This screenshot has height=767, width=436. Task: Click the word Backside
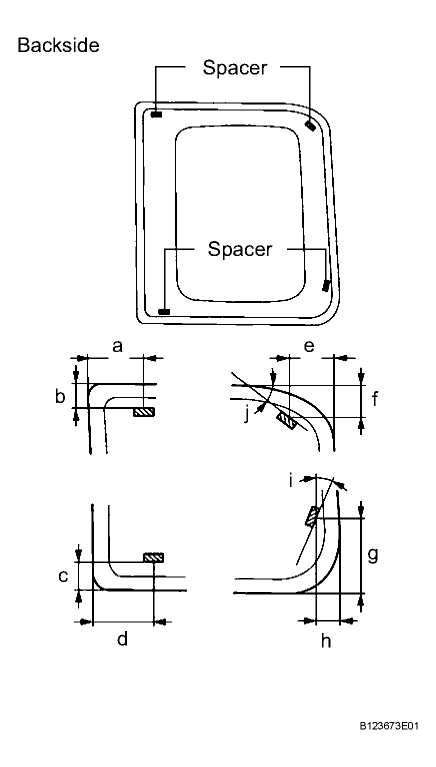(58, 45)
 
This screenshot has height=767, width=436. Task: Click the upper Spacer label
(234, 68)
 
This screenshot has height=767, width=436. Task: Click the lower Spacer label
(240, 249)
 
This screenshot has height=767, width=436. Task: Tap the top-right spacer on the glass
(311, 125)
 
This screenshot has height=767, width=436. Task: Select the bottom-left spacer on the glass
(164, 312)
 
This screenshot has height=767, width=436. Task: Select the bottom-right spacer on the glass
(326, 285)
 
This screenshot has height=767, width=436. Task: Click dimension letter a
(117, 345)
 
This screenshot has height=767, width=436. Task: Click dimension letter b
(60, 397)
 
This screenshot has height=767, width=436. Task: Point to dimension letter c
(63, 576)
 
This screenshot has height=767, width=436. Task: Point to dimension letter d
(122, 638)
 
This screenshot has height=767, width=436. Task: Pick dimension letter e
(309, 345)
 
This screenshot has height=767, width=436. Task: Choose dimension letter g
(372, 554)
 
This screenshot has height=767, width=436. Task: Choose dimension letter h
(326, 640)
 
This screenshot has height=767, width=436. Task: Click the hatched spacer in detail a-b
(144, 412)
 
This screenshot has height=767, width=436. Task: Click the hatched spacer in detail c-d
(153, 557)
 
